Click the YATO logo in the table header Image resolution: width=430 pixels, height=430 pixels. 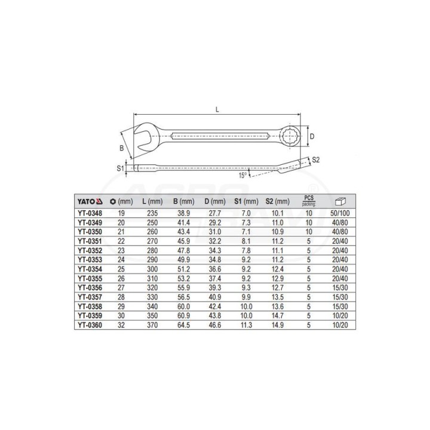pos(90,202)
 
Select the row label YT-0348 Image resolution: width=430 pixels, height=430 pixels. pos(90,213)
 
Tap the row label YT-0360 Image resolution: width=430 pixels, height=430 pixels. pos(90,325)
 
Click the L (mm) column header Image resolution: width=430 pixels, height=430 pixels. pos(152,202)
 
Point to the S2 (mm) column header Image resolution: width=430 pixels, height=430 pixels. pos(278,202)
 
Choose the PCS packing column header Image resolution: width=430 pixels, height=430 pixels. pos(309,201)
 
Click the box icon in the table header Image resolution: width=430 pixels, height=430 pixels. pos(340,202)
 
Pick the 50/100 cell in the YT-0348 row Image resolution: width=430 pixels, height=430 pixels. pos(340,213)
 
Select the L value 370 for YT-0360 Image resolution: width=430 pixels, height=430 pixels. pos(152,325)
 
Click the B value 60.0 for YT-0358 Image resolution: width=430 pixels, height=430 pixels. pos(183,306)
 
